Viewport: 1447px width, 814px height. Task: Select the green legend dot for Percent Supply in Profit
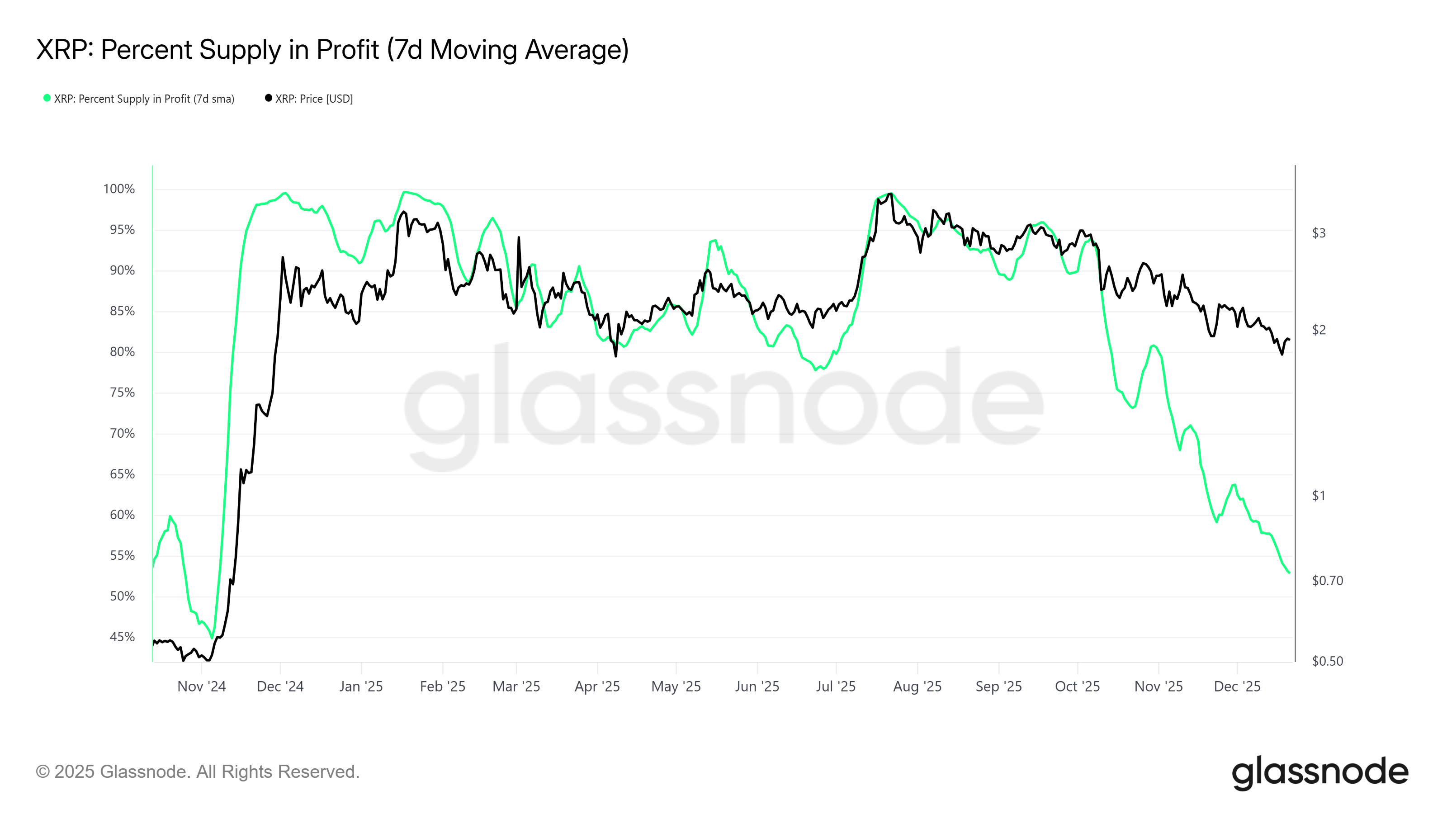(x=47, y=98)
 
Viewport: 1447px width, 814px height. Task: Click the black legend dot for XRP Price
(x=269, y=98)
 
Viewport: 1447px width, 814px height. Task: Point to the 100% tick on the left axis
(x=118, y=189)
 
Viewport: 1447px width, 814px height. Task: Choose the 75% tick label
(x=122, y=392)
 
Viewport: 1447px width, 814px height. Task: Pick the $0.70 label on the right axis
(x=1327, y=580)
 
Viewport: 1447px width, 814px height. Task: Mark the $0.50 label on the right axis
(x=1327, y=661)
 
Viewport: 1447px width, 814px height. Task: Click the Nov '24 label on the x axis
(x=201, y=686)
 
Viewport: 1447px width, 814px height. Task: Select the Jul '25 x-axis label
(x=835, y=686)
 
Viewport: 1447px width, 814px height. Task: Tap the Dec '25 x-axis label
(x=1237, y=686)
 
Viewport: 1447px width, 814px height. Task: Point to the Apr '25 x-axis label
(x=596, y=686)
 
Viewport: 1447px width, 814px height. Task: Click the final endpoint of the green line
(x=1289, y=573)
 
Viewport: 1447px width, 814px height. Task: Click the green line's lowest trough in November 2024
(x=212, y=638)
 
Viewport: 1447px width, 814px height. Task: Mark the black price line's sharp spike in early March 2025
(x=519, y=237)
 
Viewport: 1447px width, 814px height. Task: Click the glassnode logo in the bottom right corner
(x=1319, y=772)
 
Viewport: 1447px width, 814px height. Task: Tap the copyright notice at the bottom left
(x=197, y=771)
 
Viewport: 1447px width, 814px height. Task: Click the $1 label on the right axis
(x=1319, y=496)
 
